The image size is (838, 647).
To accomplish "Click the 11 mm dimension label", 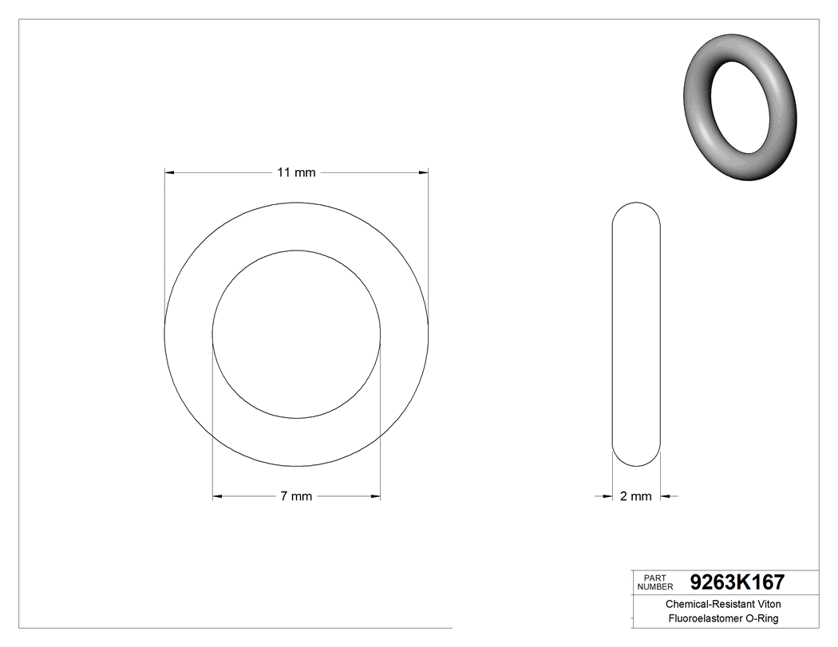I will click(296, 172).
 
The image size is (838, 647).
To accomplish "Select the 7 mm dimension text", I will click(296, 496).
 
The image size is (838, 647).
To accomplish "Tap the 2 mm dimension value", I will click(636, 496).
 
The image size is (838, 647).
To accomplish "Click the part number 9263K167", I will click(737, 582).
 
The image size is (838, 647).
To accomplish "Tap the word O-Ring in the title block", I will click(761, 618).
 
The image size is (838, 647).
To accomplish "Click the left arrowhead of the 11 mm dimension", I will click(168, 172).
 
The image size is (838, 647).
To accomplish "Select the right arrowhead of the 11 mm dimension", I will click(424, 172).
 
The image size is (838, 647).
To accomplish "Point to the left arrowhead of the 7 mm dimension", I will click(216, 496).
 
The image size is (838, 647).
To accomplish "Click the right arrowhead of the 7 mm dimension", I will click(376, 496).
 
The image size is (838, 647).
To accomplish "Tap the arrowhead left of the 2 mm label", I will click(607, 496).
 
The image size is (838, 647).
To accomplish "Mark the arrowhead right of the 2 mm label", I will click(666, 496).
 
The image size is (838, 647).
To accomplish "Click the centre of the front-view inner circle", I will click(296, 334).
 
